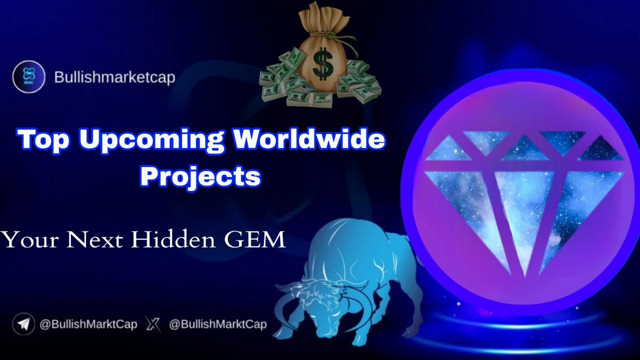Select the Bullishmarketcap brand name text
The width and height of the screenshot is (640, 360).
tap(115, 78)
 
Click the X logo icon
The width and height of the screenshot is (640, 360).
tap(153, 324)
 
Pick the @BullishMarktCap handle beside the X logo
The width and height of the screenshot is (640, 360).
tap(217, 324)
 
